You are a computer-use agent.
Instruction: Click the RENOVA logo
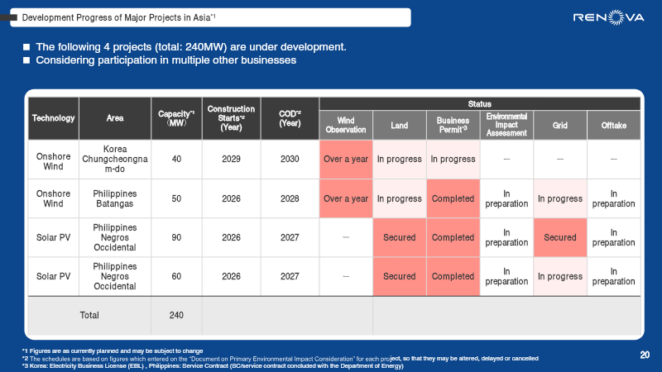(x=607, y=17)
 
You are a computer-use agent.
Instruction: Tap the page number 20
(x=645, y=355)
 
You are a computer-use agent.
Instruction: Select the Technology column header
(x=53, y=118)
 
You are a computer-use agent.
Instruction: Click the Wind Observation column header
(x=345, y=125)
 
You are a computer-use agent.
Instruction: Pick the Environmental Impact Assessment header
(x=506, y=125)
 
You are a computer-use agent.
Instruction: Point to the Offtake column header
(x=613, y=125)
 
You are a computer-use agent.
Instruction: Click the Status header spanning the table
(x=479, y=103)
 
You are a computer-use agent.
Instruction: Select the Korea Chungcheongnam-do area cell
(x=115, y=159)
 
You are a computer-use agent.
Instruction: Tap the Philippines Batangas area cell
(x=115, y=198)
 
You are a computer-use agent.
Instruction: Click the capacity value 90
(x=176, y=237)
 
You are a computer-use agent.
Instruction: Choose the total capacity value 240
(x=176, y=315)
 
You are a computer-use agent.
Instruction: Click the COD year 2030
(x=289, y=159)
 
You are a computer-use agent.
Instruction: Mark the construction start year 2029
(x=231, y=159)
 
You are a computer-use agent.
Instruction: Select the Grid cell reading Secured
(x=559, y=237)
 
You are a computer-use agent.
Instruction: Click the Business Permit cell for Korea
(x=453, y=159)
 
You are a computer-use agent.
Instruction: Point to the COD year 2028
(x=289, y=198)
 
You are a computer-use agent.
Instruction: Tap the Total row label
(x=89, y=315)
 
